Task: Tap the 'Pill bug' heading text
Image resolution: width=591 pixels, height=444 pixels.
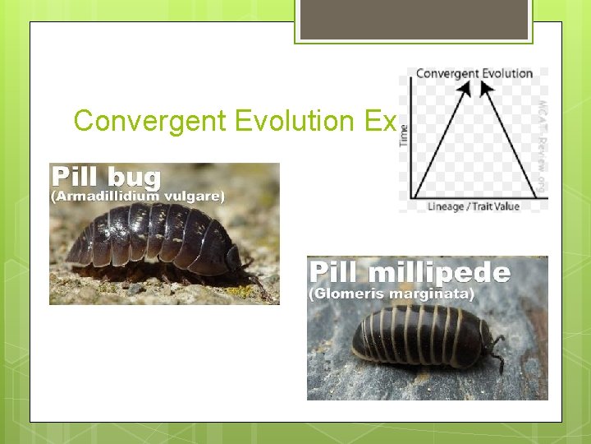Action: [x=107, y=177]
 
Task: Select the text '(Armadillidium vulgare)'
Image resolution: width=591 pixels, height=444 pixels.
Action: [x=138, y=197]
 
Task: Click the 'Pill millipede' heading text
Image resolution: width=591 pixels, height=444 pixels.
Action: [x=410, y=272]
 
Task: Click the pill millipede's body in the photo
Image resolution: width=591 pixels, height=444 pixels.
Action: [x=419, y=335]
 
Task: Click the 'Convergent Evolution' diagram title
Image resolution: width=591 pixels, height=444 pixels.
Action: [x=474, y=73]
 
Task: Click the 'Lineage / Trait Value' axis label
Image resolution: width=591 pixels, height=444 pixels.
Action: [x=474, y=206]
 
